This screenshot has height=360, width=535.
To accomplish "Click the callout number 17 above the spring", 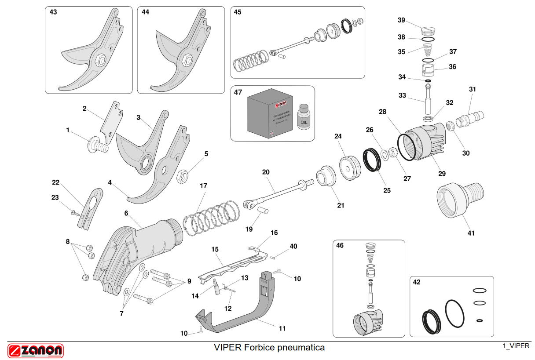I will pyautogui.click(x=203, y=186).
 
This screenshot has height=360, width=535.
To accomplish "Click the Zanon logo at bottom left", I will pyautogui.click(x=36, y=350).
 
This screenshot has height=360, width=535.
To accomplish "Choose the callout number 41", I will pyautogui.click(x=471, y=233).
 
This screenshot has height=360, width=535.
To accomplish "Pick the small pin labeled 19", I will pyautogui.click(x=263, y=211).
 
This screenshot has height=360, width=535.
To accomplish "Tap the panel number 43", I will pyautogui.click(x=53, y=12).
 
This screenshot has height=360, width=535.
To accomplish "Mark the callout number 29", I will pyautogui.click(x=442, y=174).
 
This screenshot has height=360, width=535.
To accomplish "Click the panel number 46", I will pyautogui.click(x=340, y=245).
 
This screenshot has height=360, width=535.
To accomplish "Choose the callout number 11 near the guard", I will pyautogui.click(x=282, y=328).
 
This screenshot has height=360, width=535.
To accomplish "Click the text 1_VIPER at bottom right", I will pyautogui.click(x=516, y=346).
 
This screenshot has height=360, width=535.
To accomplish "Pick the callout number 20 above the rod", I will pyautogui.click(x=266, y=172).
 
